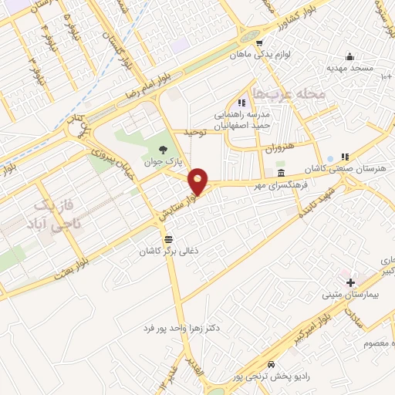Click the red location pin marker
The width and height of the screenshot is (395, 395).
[x=198, y=181]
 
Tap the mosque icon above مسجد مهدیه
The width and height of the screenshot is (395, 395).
[x=349, y=56]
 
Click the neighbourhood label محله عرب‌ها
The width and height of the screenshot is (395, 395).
[x=295, y=93]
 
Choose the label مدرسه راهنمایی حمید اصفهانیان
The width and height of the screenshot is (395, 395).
[x=245, y=117]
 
